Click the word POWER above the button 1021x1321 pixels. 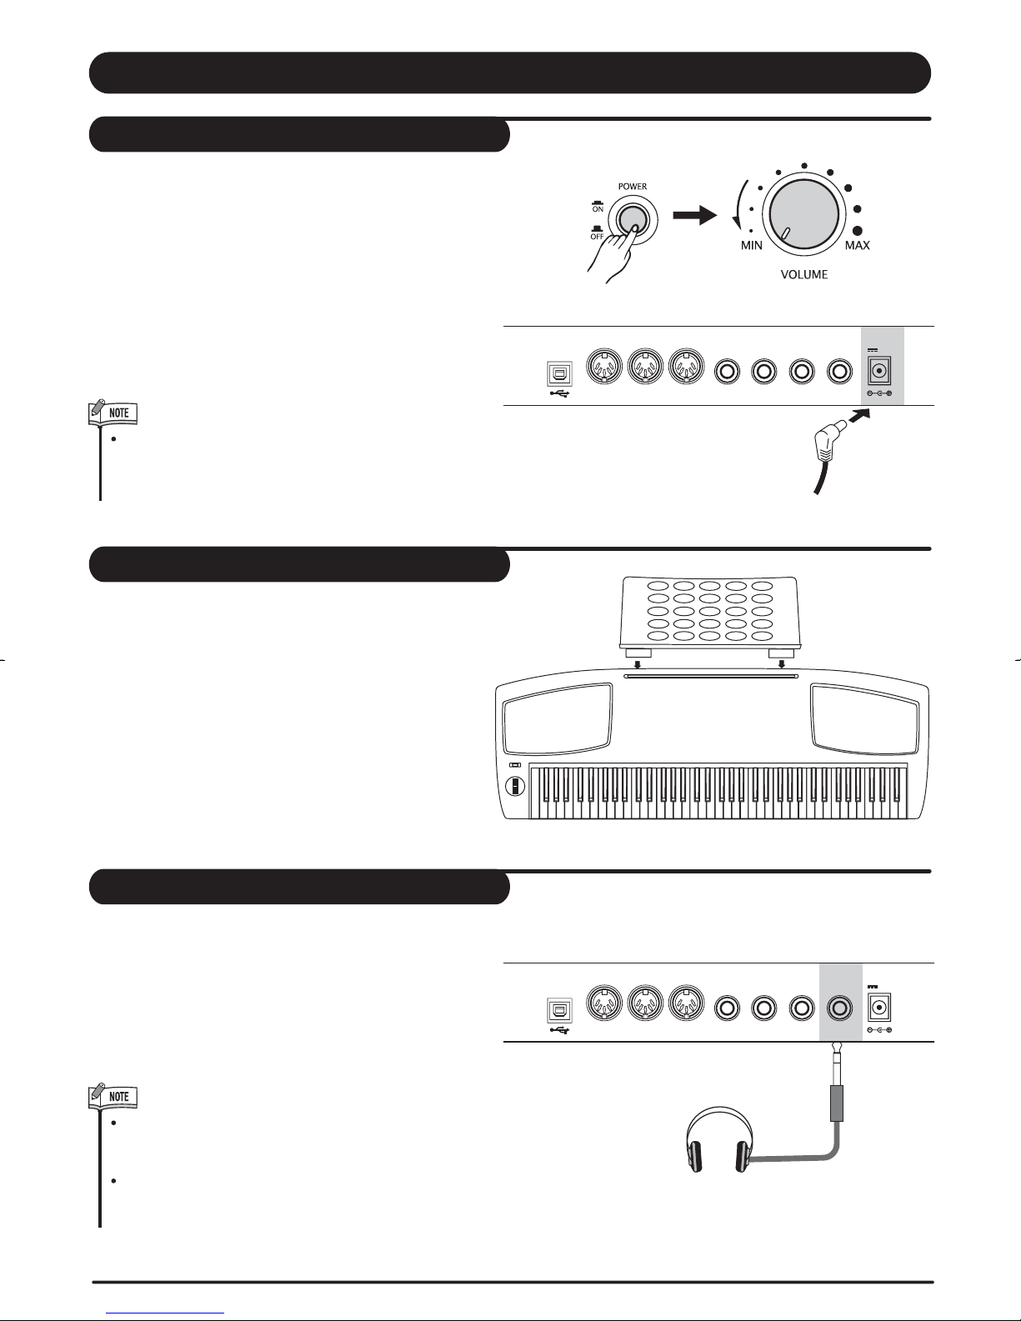(633, 187)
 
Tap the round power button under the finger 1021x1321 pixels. (632, 219)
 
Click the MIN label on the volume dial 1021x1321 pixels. (751, 246)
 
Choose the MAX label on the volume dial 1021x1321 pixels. (858, 246)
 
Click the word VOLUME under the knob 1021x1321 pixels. (804, 275)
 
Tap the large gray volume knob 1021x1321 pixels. (804, 214)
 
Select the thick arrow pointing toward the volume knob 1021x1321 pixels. (694, 214)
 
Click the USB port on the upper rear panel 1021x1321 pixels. (560, 374)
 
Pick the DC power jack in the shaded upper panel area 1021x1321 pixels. (878, 371)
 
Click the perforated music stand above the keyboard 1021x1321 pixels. (709, 613)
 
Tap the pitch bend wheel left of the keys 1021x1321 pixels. (515, 786)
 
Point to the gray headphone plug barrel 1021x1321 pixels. (837, 1104)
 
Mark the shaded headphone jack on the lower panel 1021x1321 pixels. (840, 1008)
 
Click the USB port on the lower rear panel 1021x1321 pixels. (560, 1011)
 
